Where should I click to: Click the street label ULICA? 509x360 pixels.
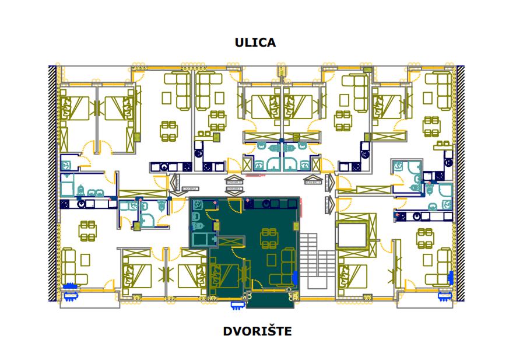pyautogui.click(x=255, y=43)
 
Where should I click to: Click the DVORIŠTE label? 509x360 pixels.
pyautogui.click(x=257, y=331)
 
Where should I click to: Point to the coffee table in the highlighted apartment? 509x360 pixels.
pyautogui.click(x=271, y=260)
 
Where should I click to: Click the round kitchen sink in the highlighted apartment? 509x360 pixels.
pyautogui.click(x=266, y=204)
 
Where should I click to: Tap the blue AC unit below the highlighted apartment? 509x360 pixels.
pyautogui.click(x=238, y=304)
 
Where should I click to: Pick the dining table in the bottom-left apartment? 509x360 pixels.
pyautogui.click(x=87, y=229)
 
